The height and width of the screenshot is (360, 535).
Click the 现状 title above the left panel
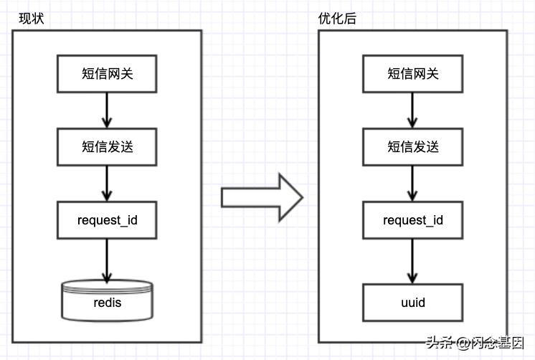tap(32, 19)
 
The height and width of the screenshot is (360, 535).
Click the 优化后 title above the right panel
tap(337, 19)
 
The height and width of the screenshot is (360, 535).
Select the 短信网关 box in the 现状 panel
tap(108, 73)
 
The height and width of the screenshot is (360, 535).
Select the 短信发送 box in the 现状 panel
tap(108, 146)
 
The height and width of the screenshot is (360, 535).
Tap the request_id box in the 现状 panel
tap(108, 220)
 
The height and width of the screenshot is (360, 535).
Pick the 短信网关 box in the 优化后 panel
tap(413, 73)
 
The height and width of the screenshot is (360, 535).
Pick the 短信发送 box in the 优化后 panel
tap(413, 146)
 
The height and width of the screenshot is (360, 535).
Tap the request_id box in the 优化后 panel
tap(413, 220)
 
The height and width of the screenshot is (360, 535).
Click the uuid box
tap(413, 303)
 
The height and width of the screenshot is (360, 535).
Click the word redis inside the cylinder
tap(108, 303)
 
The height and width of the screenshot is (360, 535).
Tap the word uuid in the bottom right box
tap(413, 303)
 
